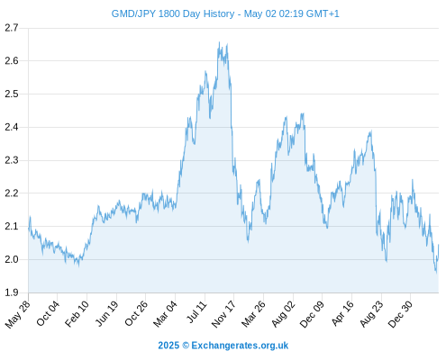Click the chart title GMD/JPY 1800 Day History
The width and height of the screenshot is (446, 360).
point(173,13)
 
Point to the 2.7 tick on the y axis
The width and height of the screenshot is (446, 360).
point(12,28)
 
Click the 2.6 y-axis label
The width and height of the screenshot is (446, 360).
point(12,61)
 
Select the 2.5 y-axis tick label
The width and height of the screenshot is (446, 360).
point(12,94)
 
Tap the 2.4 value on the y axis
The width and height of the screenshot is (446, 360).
point(12,127)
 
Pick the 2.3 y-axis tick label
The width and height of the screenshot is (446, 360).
point(12,160)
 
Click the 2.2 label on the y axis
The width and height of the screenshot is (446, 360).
point(12,193)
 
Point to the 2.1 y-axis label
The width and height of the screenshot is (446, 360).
point(12,226)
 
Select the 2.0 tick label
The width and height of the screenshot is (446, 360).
point(12,259)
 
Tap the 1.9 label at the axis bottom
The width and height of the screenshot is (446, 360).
point(12,292)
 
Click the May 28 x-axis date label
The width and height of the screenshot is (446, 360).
point(18,314)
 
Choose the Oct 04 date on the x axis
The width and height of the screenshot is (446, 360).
point(48,313)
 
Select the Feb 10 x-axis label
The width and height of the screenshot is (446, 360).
point(77,313)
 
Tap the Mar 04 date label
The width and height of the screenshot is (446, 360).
point(165,313)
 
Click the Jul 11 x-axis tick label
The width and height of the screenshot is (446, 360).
point(196,312)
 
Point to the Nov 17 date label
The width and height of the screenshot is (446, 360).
point(223,314)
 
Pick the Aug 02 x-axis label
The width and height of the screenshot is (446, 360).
point(283,314)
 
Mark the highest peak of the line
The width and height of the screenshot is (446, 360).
point(219,42)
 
